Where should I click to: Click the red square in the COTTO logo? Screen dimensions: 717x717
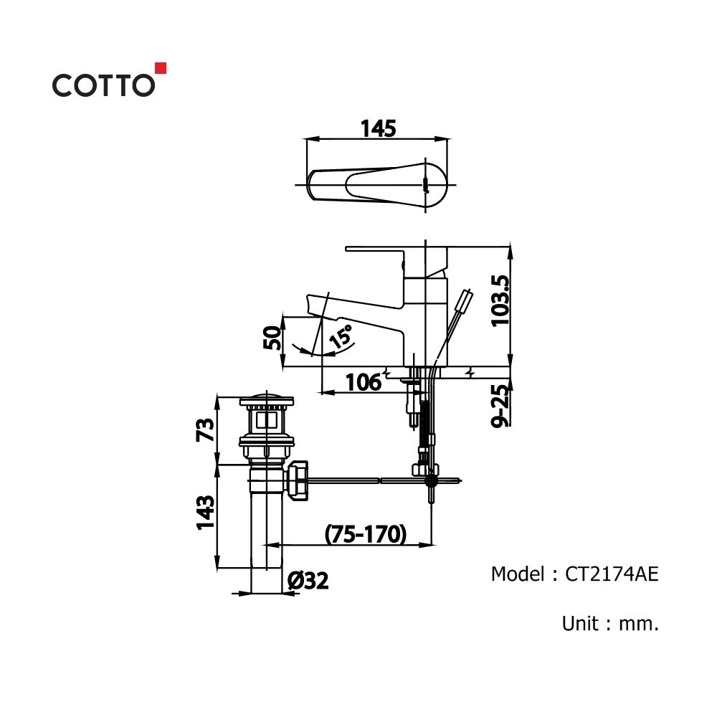(161, 67)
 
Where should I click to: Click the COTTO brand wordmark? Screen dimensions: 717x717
(103, 85)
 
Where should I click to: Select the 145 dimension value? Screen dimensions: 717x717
(378, 129)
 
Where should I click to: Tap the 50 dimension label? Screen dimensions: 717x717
(272, 338)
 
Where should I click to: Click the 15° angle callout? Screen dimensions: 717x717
(341, 336)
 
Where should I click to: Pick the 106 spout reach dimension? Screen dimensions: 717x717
(363, 382)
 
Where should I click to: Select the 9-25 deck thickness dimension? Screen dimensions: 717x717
(500, 406)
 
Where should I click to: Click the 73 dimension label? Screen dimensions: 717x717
(205, 429)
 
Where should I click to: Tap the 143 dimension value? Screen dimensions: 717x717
(205, 513)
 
